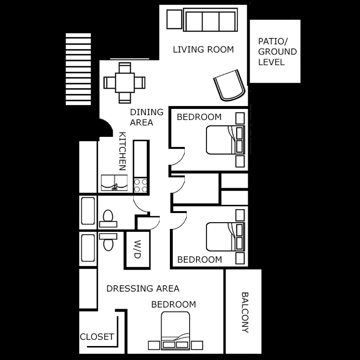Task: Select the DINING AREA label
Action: [x=146, y=117]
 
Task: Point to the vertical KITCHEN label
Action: [x=122, y=151]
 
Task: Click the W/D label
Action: [x=136, y=250]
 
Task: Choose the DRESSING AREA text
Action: [x=143, y=288]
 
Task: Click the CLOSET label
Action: [x=97, y=336]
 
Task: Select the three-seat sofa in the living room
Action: [x=210, y=21]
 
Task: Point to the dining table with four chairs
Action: [x=124, y=83]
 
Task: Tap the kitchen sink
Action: [x=114, y=183]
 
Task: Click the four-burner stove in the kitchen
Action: [x=141, y=185]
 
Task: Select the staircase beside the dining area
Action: [x=78, y=69]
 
